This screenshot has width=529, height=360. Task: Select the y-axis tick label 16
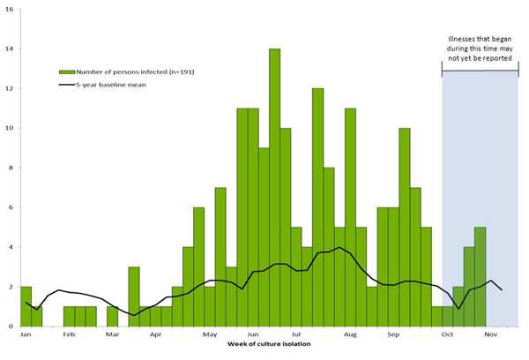(9, 8)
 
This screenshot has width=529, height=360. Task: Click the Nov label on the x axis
(491, 335)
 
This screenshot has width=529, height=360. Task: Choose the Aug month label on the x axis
(350, 335)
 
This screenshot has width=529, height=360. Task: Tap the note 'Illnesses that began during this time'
(481, 48)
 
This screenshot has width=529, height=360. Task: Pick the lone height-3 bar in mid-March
(134, 296)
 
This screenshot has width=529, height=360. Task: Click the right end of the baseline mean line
(502, 290)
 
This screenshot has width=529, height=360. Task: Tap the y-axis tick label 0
(10, 326)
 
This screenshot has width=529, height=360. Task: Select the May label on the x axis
(210, 335)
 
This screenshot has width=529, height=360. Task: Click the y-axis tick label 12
(9, 88)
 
